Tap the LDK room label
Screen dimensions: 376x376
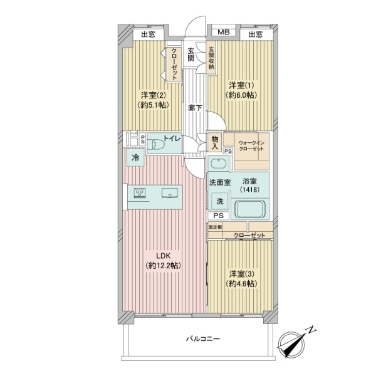click(163, 260)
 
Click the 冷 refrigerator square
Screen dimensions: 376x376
click(135, 159)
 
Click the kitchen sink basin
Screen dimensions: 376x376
click(169, 193)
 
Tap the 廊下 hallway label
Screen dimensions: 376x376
click(195, 107)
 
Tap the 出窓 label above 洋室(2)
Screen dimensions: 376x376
click(149, 34)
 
